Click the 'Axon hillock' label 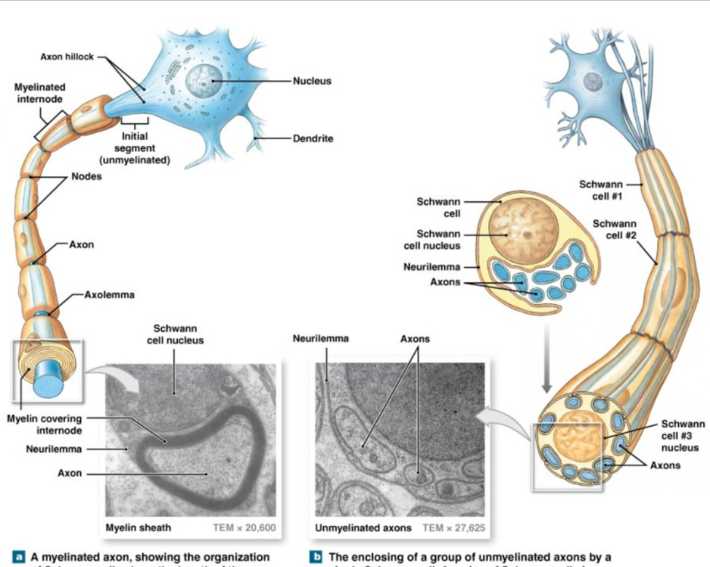pos(67,57)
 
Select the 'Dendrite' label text pos(312,139)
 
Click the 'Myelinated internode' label pos(40,93)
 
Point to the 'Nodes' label pos(86,177)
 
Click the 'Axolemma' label pos(109,295)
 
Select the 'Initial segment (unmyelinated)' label pos(135,148)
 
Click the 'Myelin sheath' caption pos(138,528)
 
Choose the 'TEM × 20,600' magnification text pos(244,528)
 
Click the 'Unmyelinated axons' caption pos(363,528)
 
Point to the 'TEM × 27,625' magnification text pos(454,528)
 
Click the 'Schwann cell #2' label pos(614,229)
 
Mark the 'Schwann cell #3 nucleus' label pos(682,436)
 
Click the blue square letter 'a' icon pos(18,557)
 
